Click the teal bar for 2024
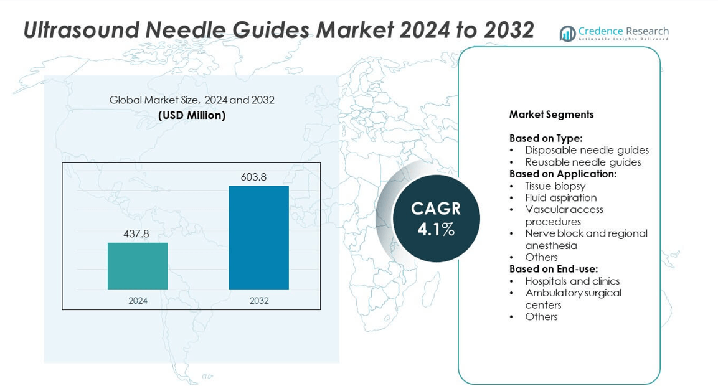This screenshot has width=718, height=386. pos(138,266)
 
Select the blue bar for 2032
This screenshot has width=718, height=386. pos(258,237)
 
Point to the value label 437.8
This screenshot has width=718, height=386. pos(137,234)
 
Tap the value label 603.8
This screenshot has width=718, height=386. pos(253,177)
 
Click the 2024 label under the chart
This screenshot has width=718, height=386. pos(138,301)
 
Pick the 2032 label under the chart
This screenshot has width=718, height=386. pos(259,301)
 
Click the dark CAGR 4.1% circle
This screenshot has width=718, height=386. pos(436,219)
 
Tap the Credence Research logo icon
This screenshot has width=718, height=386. pos(567,34)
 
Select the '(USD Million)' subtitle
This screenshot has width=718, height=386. pos(192,115)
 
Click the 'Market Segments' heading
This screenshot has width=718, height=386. pos(551,114)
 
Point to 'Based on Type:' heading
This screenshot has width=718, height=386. pos(546,138)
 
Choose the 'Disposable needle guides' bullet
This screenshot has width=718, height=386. pos(587,150)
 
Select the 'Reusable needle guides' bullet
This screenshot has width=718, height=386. pos(583,162)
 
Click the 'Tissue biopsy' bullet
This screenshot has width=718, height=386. pos(555,186)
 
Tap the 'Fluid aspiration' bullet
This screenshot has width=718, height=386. pos(560,197)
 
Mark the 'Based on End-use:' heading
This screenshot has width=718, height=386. pos(554,269)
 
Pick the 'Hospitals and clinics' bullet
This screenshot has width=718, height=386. pos(572,281)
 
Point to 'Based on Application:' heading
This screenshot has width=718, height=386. pos(563,174)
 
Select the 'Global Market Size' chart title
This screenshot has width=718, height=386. pos(192,100)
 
